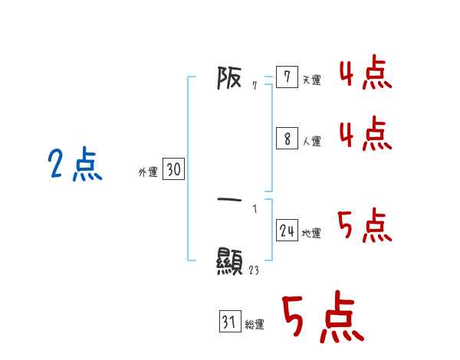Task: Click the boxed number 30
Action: click(173, 170)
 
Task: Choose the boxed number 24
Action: click(287, 231)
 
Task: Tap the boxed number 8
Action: click(287, 139)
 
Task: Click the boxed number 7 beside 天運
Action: click(287, 78)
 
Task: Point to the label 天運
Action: click(312, 80)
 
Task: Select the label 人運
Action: click(312, 141)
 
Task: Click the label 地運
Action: click(312, 234)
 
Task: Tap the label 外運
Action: click(148, 172)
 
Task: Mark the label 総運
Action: click(255, 325)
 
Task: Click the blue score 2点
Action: click(74, 165)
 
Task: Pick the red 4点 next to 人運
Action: click(365, 135)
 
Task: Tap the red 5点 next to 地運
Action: click(365, 226)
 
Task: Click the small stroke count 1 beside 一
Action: click(255, 208)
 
